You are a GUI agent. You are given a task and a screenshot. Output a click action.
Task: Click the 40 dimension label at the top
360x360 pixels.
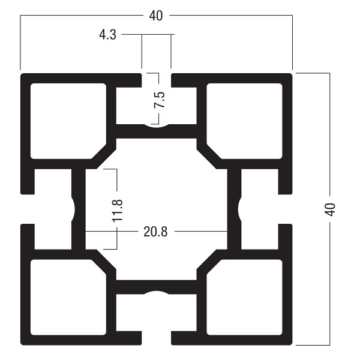(156, 16)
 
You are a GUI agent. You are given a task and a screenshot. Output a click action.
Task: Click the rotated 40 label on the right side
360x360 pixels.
(329, 209)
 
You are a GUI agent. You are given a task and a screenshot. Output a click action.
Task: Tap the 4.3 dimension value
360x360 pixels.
(107, 35)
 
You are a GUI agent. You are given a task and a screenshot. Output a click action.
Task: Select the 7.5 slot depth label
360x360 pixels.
(160, 100)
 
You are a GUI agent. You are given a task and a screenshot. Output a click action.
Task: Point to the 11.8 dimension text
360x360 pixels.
(118, 211)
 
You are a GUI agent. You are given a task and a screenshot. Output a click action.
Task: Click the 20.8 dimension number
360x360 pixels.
(155, 232)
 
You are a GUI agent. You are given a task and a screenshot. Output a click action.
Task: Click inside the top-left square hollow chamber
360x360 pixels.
(68, 121)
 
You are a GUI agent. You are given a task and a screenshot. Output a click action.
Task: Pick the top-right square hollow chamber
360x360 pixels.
(245, 121)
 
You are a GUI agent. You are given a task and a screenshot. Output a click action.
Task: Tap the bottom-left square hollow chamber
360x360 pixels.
(68, 298)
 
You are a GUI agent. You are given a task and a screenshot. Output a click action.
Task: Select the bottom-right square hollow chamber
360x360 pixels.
(245, 298)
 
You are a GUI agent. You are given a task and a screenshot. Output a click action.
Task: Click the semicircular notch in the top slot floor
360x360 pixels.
(157, 126)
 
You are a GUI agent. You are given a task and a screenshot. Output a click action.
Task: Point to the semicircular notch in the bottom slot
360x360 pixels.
(157, 292)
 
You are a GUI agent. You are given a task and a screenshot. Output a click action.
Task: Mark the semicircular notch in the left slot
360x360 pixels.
(73, 209)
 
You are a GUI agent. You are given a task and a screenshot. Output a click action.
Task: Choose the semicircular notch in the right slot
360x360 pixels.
(239, 209)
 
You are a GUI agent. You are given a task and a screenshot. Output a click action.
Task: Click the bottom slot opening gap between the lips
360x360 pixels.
(157, 338)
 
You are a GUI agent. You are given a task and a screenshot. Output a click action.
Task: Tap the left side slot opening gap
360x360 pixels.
(28, 209)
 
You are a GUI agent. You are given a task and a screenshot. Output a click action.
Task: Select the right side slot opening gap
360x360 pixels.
(285, 209)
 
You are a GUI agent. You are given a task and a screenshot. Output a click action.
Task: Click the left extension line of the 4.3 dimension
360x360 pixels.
(142, 52)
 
